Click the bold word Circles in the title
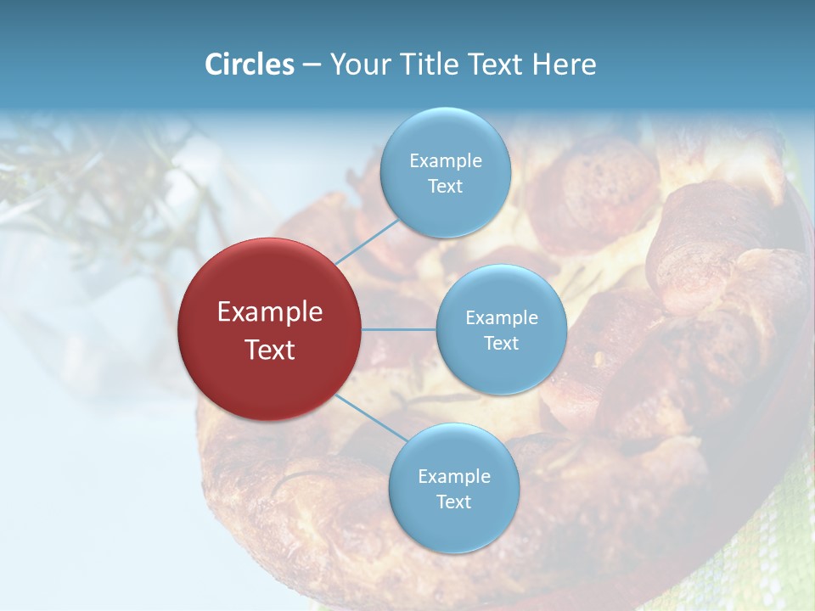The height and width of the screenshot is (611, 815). point(249,64)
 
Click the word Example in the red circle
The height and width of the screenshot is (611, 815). point(270,312)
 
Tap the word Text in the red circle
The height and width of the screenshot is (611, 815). point(270,350)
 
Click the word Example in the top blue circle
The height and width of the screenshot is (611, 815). point(446,161)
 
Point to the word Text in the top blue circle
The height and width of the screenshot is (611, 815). point(446,187)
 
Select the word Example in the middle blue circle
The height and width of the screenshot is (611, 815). point(502,318)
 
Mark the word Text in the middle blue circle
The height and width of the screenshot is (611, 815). point(502,344)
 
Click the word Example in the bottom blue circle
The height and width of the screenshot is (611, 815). point(454,477)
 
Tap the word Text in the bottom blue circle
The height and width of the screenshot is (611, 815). point(454,502)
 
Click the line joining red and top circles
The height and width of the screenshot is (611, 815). point(367,242)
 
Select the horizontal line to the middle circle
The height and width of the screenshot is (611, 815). point(399,329)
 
